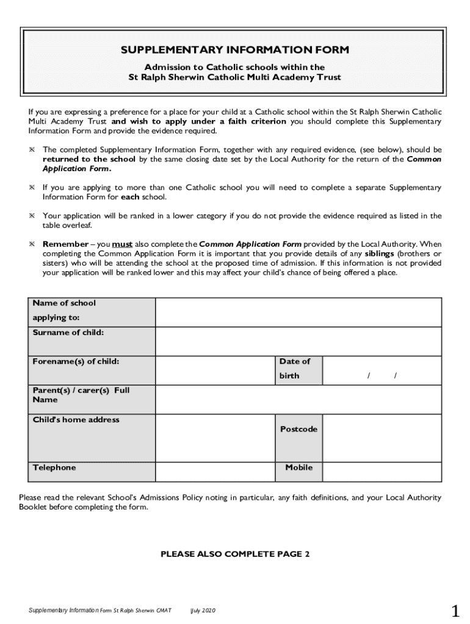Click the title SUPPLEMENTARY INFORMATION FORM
[x=235, y=51]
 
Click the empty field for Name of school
[x=298, y=312]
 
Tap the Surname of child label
[x=68, y=333]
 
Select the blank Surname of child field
[x=298, y=341]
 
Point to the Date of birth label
[x=295, y=369]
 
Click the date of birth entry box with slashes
[x=381, y=370]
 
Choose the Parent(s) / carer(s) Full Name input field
[x=298, y=400]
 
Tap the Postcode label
[x=298, y=430]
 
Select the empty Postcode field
[x=381, y=438]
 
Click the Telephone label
[x=54, y=468]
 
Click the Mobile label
[x=298, y=468]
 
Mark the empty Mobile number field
[x=381, y=472]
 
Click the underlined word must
[x=122, y=244]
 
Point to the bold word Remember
[x=65, y=244]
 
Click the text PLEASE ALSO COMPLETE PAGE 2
[x=235, y=555]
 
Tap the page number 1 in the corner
[x=455, y=610]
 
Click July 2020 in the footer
[x=203, y=611]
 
